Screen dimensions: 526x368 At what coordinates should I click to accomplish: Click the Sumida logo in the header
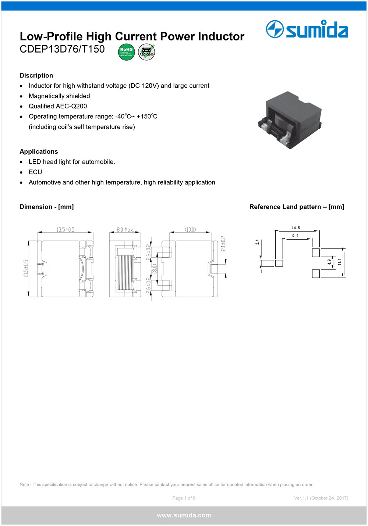click(x=307, y=29)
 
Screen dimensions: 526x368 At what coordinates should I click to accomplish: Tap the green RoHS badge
click(x=126, y=52)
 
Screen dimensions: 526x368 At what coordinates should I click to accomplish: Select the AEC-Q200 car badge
click(x=146, y=52)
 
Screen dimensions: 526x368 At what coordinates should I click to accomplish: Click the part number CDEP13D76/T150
click(x=62, y=49)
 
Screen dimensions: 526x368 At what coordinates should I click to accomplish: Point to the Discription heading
click(x=36, y=75)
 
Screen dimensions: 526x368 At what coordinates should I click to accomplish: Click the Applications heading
click(x=39, y=151)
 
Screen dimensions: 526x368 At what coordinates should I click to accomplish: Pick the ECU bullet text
click(x=35, y=172)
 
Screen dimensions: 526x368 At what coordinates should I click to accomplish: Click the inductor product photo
click(x=290, y=120)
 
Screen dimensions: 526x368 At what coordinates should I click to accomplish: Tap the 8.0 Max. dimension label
click(x=125, y=230)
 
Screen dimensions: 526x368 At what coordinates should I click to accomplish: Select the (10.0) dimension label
click(x=190, y=230)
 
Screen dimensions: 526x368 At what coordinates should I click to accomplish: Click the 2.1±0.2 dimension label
click(x=223, y=243)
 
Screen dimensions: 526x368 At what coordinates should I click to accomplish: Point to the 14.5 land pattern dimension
click(x=296, y=228)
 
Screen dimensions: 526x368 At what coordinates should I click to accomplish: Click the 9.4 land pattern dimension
click(x=295, y=236)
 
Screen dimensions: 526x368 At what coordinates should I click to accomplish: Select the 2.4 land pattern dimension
click(x=257, y=242)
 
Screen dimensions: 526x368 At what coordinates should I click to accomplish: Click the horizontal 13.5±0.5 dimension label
click(x=65, y=230)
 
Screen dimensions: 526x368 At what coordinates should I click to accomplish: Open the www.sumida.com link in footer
click(x=184, y=515)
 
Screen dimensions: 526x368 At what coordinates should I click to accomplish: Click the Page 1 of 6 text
click(x=184, y=498)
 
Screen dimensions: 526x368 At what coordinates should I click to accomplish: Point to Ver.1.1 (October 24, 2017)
click(x=321, y=498)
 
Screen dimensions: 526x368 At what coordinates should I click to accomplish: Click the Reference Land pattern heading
click(x=297, y=207)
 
